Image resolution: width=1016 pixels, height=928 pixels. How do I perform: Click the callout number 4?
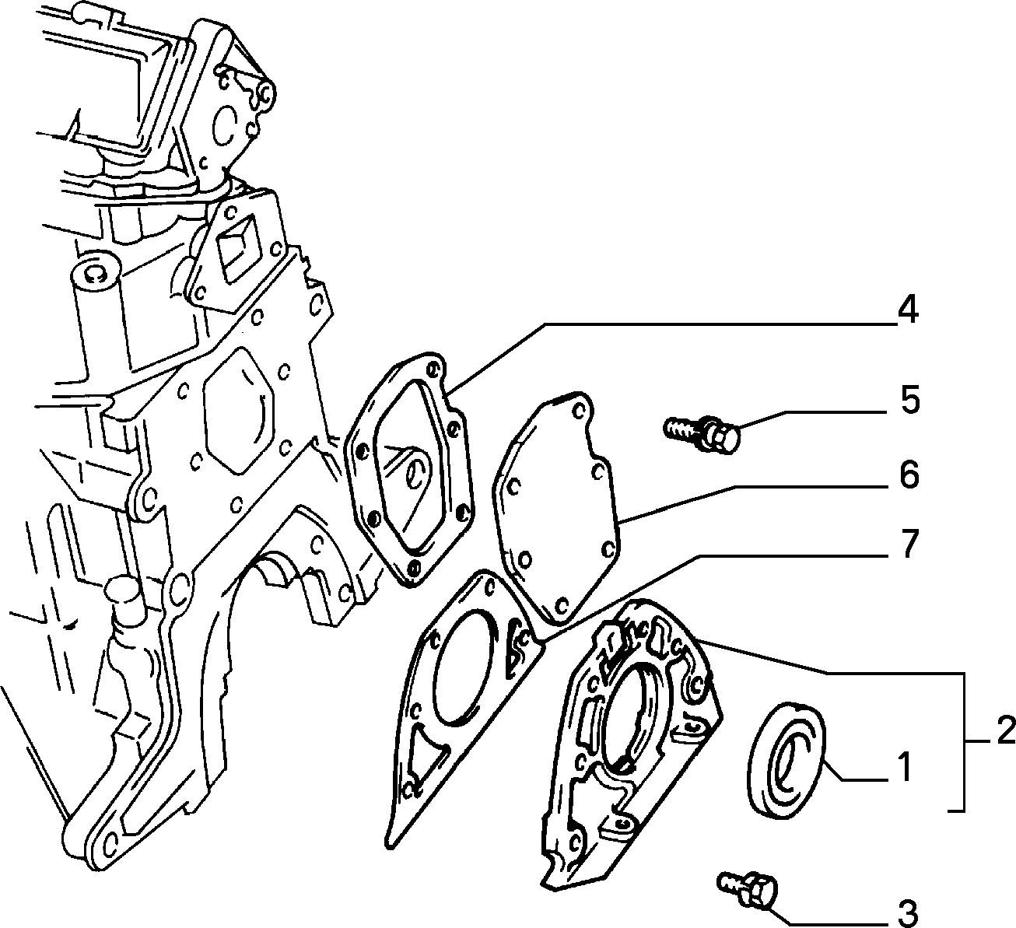908,310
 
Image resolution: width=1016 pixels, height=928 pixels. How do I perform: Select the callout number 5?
909,400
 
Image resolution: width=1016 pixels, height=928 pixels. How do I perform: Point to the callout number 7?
908,545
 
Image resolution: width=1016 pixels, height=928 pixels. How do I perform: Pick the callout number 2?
1005,731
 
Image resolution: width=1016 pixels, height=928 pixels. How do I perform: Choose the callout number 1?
905,768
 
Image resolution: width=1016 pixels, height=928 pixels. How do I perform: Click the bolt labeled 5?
702,435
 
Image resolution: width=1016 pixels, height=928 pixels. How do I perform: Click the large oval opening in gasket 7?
464,669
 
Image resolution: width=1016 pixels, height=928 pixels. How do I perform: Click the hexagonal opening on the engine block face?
239,411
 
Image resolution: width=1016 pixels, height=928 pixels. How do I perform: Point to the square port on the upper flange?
238,249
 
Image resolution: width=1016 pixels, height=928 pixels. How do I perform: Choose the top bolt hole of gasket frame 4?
433,369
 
